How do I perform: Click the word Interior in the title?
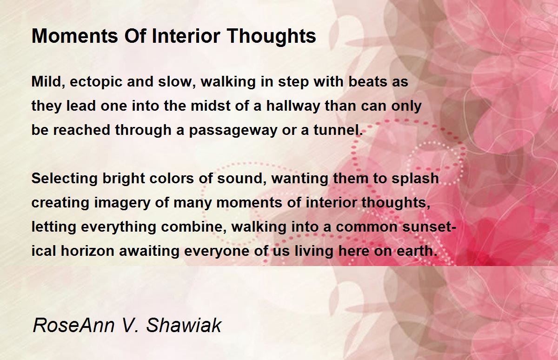click(186, 36)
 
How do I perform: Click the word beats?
click(368, 82)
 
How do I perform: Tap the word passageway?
click(233, 131)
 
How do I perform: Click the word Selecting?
click(64, 179)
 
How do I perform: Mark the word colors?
click(172, 179)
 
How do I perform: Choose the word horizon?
click(87, 251)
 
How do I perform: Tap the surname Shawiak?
click(184, 325)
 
